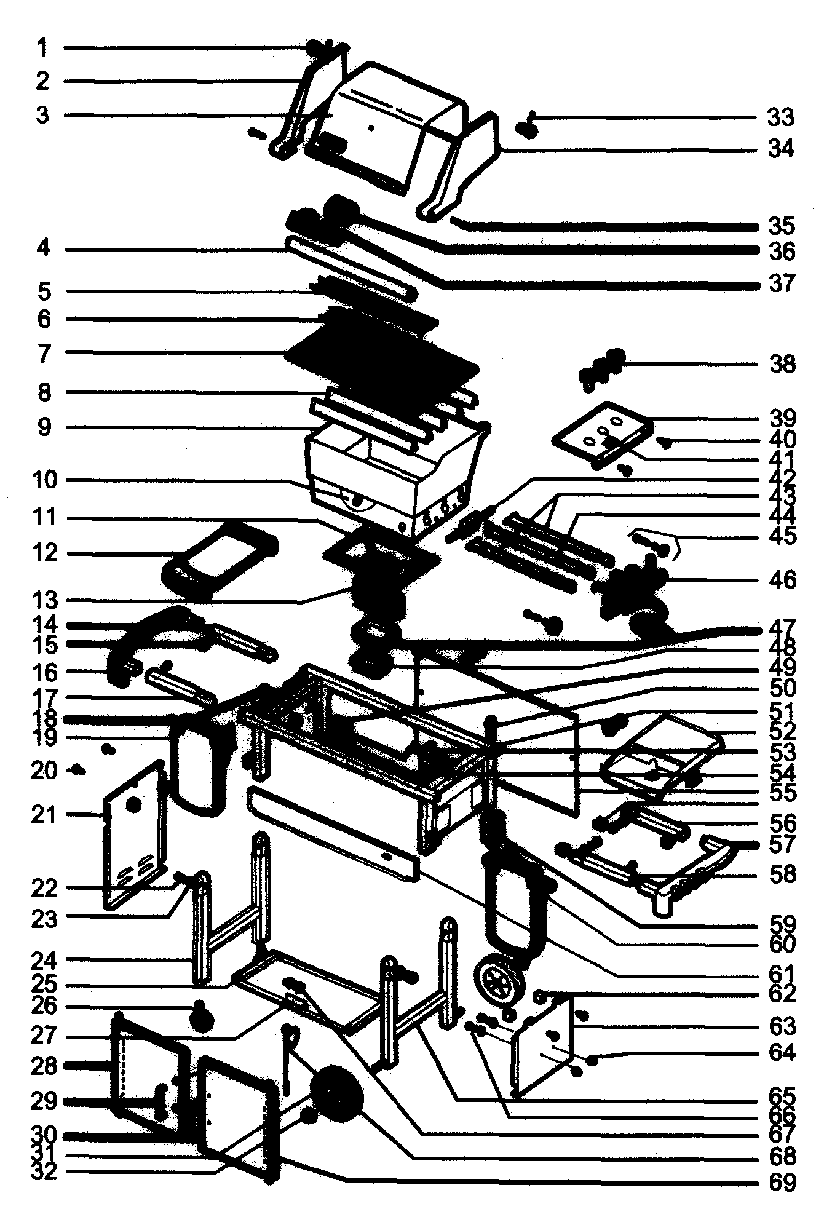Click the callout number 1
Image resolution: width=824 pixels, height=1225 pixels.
tap(42, 47)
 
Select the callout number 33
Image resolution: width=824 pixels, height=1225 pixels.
tap(780, 117)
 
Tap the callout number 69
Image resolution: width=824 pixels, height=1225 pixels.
tap(780, 1181)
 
